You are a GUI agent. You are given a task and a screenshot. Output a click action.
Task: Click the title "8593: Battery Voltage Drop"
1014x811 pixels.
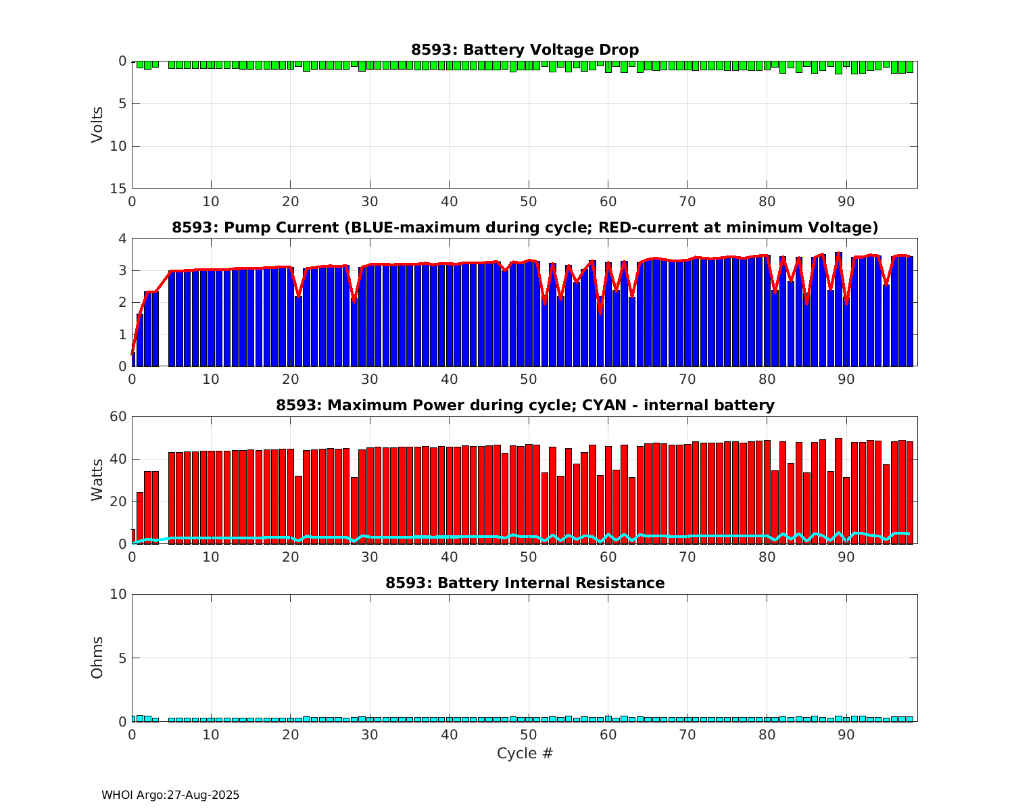click(x=525, y=50)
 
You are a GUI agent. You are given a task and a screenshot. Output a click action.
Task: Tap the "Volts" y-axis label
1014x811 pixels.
click(x=98, y=124)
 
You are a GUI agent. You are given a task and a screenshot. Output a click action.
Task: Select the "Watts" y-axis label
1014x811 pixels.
click(x=98, y=480)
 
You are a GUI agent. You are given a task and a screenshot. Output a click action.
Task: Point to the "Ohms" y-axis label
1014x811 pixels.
click(x=98, y=658)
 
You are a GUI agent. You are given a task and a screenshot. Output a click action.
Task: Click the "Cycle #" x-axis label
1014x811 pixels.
click(x=525, y=754)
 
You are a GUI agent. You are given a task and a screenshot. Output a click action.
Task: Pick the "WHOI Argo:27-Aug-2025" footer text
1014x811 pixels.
click(x=170, y=795)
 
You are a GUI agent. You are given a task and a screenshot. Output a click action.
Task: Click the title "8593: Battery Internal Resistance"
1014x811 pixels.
click(x=525, y=583)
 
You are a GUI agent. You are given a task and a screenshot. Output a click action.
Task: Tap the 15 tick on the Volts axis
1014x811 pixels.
click(x=118, y=189)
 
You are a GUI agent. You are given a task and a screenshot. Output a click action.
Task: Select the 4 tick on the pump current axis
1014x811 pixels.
click(x=122, y=239)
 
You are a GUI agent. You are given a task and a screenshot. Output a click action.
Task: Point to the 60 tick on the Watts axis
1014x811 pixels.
click(x=118, y=416)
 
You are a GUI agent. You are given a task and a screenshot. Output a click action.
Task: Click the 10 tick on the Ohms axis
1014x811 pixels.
click(x=118, y=594)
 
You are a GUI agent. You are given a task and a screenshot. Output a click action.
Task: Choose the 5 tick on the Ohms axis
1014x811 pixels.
click(x=122, y=658)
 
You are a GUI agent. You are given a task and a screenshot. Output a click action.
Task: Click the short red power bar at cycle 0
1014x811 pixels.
click(x=133, y=537)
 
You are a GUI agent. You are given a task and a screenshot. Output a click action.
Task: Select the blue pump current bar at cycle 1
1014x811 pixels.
click(x=140, y=341)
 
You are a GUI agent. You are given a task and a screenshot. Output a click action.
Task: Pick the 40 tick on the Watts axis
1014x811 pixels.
click(x=118, y=459)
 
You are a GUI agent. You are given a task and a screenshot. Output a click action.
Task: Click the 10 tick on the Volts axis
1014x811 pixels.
click(x=118, y=146)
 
